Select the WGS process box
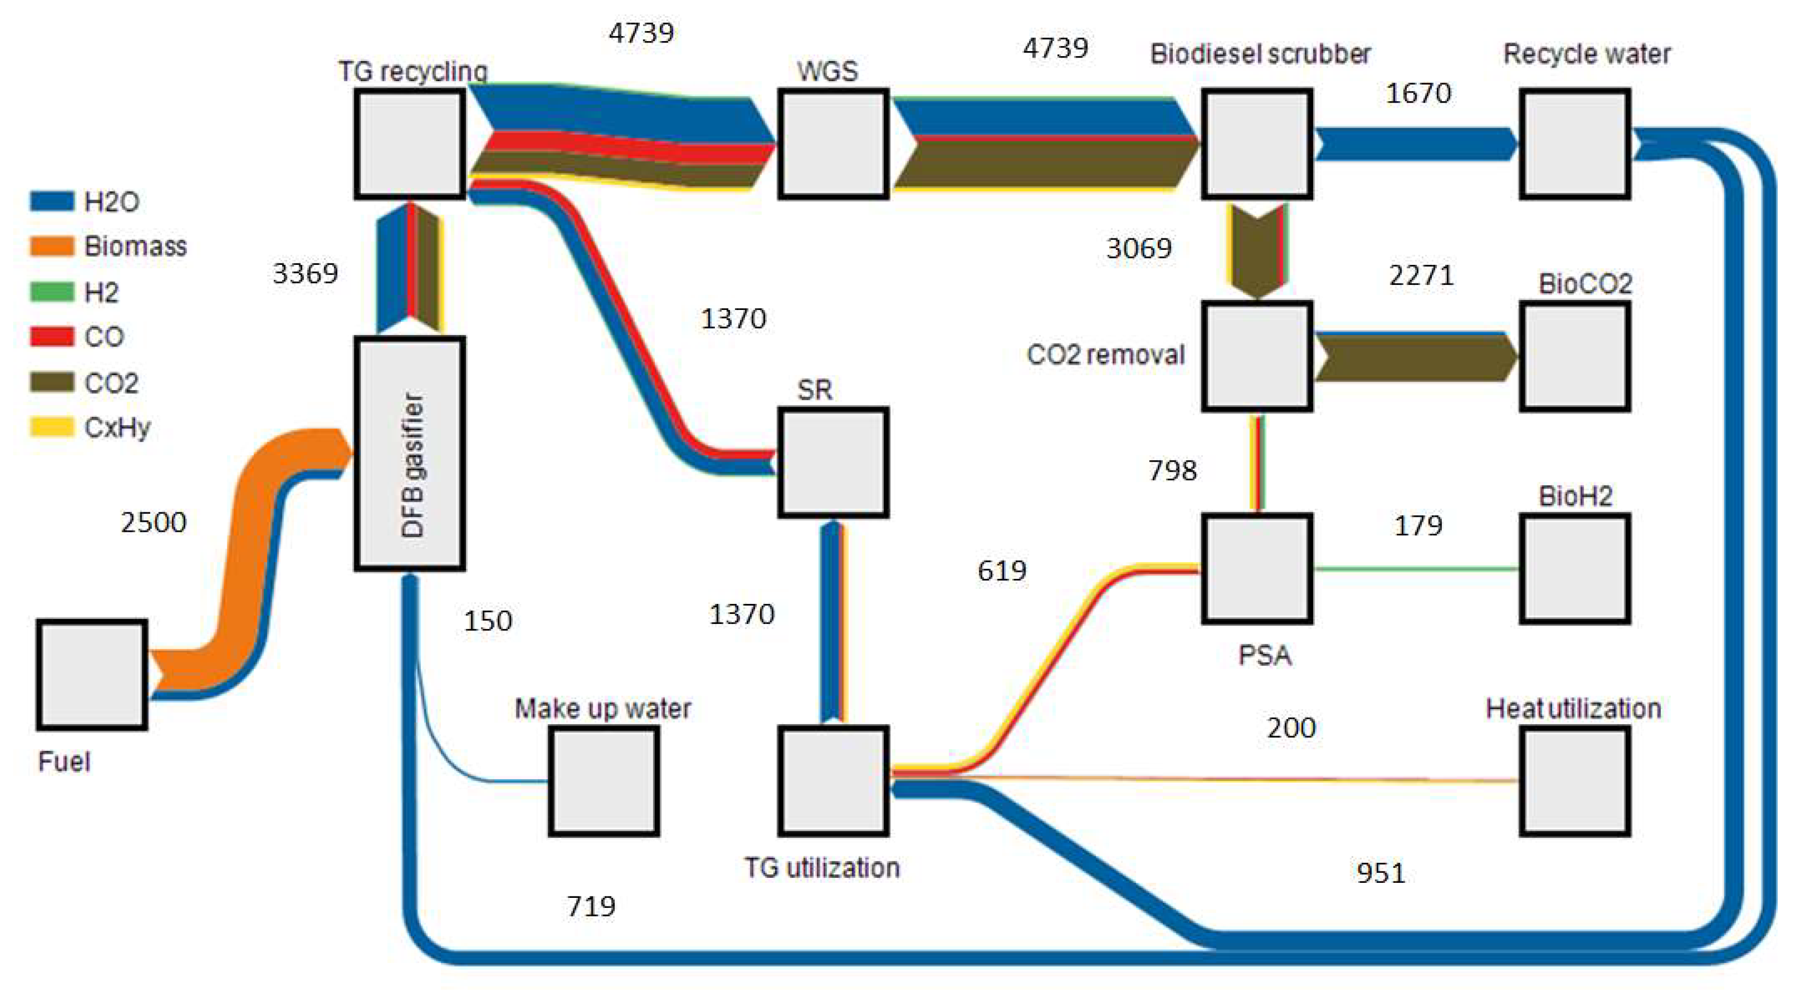click(833, 144)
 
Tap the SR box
click(833, 463)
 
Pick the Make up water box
click(604, 781)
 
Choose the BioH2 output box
click(1575, 568)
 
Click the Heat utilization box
click(1575, 781)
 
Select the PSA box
click(1257, 568)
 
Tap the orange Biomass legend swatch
click(52, 246)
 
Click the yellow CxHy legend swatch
click(52, 427)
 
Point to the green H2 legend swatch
click(52, 291)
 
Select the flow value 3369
click(306, 273)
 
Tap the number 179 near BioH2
click(1418, 525)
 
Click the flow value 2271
click(1421, 275)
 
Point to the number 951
click(1381, 873)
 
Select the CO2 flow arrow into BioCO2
click(1413, 357)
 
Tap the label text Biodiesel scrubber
click(1260, 54)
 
